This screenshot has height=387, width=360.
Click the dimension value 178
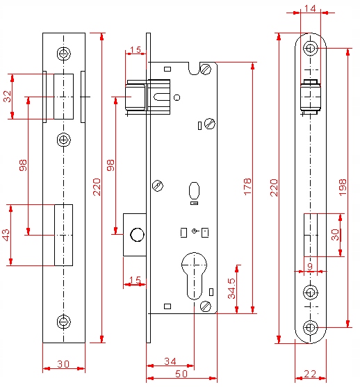(247, 187)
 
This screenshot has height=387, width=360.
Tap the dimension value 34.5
(231, 288)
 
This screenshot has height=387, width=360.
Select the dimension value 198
(343, 188)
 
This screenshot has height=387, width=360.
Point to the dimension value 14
(310, 8)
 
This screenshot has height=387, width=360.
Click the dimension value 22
(310, 374)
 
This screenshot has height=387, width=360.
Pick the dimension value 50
(181, 374)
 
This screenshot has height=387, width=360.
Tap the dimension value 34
(170, 361)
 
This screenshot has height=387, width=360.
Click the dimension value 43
(6, 235)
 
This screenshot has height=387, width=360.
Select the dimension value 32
(8, 97)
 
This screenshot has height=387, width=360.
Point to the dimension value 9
(310, 266)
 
